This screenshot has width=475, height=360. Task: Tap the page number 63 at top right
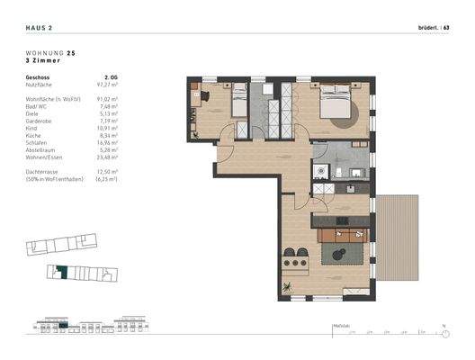(x=453, y=29)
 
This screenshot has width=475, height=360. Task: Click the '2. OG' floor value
(x=112, y=78)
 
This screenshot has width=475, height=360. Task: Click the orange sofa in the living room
(x=342, y=236)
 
